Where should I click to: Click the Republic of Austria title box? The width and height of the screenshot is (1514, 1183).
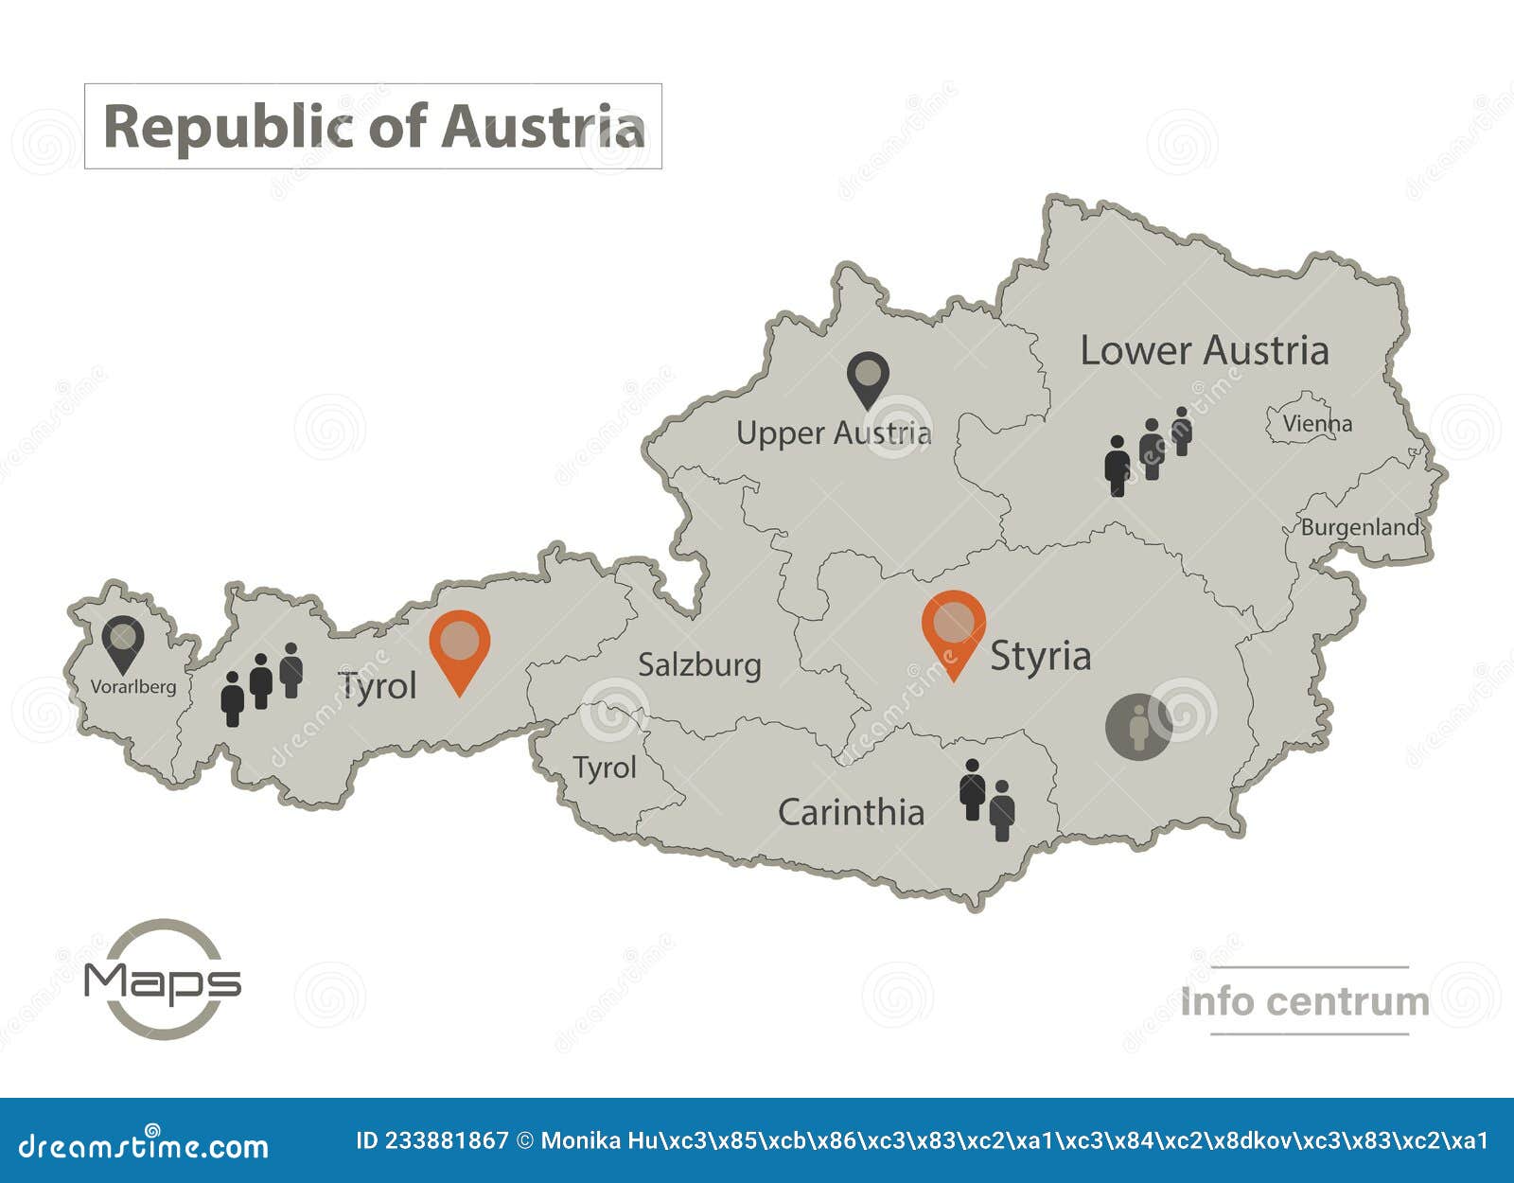coord(373,127)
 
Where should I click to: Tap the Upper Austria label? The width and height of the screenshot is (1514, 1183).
coord(834,433)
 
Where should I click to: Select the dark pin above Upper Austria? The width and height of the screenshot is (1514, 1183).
coord(868,379)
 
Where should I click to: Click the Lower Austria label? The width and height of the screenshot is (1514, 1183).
coord(1204,351)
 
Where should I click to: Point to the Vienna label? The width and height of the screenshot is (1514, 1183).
coord(1317,424)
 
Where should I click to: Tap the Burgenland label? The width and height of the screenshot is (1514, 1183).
coord(1360,527)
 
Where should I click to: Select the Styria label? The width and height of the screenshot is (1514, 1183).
coord(1040,656)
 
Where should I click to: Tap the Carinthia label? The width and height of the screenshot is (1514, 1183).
coord(851,812)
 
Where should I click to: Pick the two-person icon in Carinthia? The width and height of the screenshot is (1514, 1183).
coord(987,800)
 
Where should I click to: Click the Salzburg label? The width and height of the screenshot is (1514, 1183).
coord(699,665)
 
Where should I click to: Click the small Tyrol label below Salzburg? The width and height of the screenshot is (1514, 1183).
coord(605,768)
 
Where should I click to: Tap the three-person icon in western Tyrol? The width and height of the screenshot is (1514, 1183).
coord(261,684)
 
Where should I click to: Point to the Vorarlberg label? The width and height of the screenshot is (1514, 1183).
coord(133,687)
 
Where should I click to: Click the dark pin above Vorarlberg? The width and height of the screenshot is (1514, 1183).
coord(123,642)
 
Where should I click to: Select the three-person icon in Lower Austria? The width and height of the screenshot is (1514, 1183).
coord(1147,451)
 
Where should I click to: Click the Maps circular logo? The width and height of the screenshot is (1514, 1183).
coord(163,980)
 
